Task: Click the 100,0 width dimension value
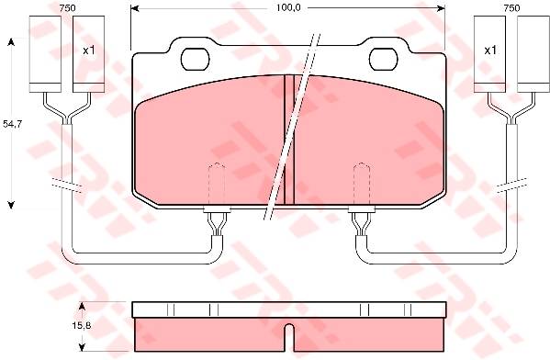tap(288, 7)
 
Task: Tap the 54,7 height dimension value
tap(12, 123)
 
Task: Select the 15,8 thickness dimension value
tap(82, 325)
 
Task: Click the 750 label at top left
tap(67, 8)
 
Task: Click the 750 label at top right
tap(511, 8)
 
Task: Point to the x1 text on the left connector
tap(89, 51)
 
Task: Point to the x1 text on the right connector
tap(490, 51)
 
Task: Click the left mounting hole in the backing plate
tap(196, 59)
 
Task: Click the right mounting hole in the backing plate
tap(384, 59)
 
